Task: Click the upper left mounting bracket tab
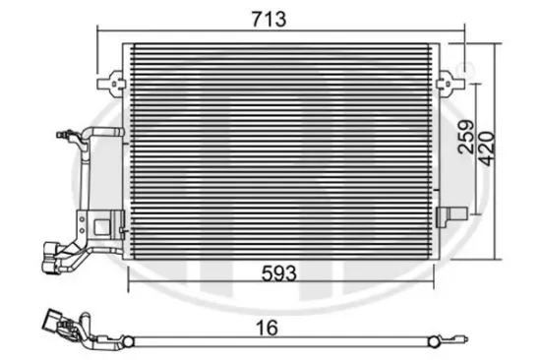click(117, 76)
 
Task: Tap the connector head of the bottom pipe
click(54, 322)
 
